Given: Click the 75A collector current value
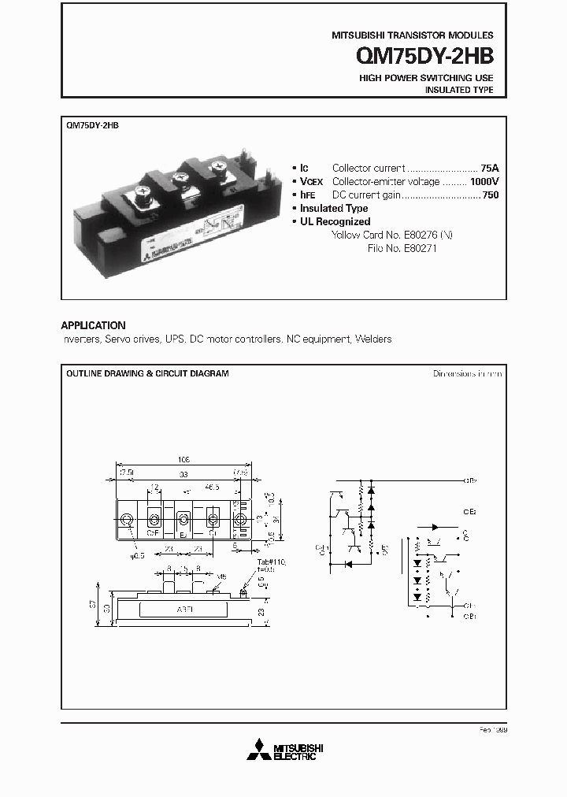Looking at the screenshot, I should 489,168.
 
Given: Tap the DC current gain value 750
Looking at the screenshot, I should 490,195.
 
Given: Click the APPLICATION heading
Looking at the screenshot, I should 93,325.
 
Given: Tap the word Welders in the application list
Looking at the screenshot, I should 373,339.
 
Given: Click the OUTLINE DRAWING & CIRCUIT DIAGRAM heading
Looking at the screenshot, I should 147,373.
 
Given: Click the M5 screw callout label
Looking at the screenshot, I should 222,575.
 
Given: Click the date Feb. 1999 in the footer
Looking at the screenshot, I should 492,730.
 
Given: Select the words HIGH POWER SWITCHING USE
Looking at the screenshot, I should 426,78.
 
